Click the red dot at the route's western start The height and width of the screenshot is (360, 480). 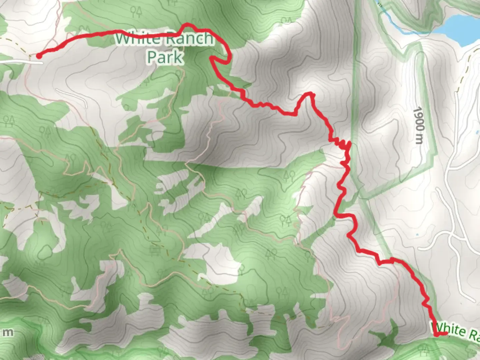click(39, 56)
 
